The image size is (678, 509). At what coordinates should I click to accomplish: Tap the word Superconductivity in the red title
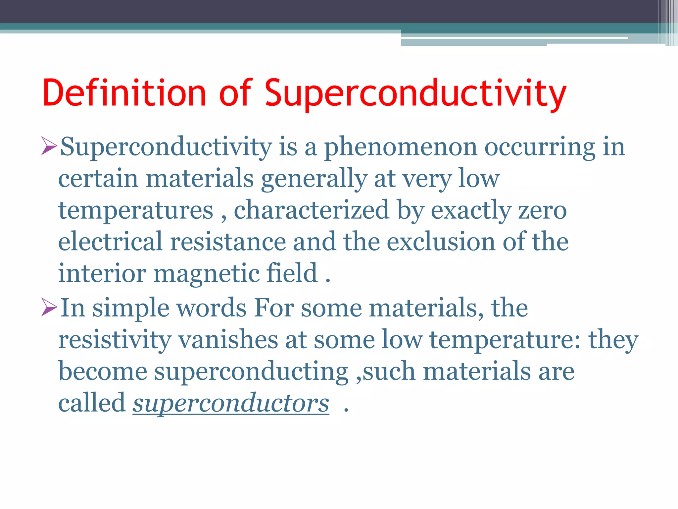415,93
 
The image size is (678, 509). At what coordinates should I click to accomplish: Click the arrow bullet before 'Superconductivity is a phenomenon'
49,146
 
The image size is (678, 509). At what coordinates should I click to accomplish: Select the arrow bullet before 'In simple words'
49,307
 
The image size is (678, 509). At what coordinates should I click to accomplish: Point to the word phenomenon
401,147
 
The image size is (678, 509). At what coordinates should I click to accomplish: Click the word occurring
540,147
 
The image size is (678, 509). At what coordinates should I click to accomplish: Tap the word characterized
312,210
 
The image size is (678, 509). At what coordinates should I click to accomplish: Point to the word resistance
228,242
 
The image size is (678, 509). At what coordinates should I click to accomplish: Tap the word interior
102,273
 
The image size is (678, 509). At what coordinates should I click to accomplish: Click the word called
92,403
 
